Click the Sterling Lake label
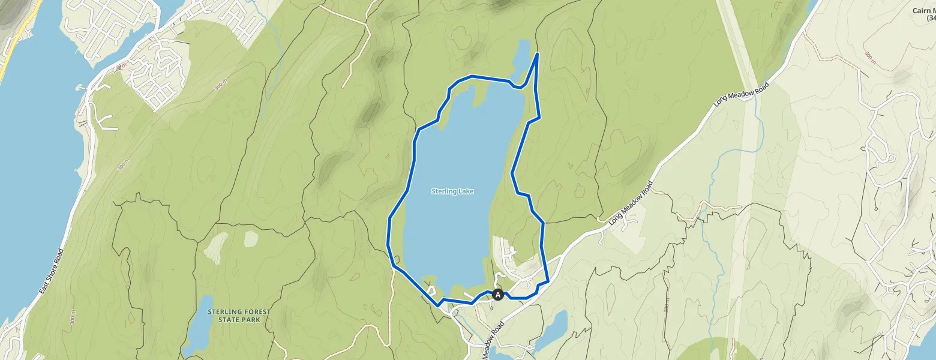[452, 191]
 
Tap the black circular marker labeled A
[497, 295]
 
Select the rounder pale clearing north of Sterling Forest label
[251, 239]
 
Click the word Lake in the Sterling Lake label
[466, 191]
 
